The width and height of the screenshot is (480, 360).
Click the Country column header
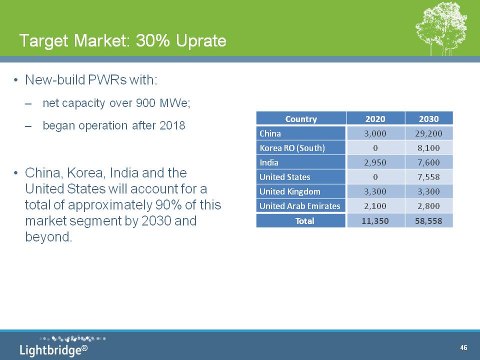(301, 119)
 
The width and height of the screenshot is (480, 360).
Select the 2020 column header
(375, 119)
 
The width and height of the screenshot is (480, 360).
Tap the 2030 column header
(428, 119)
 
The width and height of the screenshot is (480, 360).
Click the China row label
(270, 133)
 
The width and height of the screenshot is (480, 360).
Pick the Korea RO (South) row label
(292, 148)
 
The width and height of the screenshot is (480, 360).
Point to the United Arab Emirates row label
(299, 206)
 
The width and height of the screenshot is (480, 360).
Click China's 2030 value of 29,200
(428, 133)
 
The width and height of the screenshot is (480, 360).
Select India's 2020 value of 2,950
(375, 162)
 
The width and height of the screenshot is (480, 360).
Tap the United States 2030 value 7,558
(428, 177)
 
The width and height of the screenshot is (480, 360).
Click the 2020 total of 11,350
(375, 221)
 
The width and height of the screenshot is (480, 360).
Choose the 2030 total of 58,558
(428, 221)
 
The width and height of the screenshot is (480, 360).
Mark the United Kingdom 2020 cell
(375, 191)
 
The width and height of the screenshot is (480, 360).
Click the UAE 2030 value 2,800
(428, 206)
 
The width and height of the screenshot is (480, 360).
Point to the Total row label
(304, 221)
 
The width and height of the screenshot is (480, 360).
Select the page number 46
(463, 347)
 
